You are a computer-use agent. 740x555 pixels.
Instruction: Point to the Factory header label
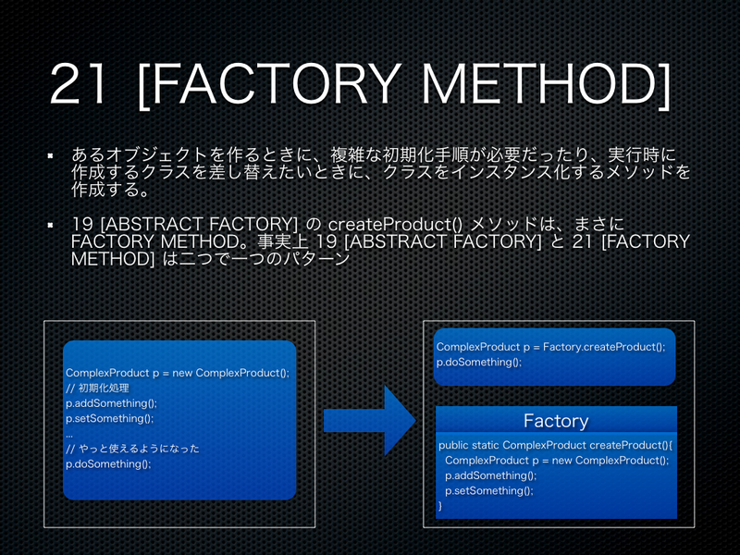[x=556, y=421]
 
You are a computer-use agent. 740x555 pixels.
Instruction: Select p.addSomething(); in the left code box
[x=111, y=403]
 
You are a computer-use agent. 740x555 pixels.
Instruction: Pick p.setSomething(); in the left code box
[x=109, y=418]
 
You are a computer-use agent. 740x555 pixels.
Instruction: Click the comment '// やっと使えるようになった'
[x=132, y=449]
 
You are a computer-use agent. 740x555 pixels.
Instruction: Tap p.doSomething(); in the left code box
[x=108, y=463]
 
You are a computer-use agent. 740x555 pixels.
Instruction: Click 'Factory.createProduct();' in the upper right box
[x=604, y=347]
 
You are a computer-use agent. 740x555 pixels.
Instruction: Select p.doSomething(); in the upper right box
[x=478, y=362]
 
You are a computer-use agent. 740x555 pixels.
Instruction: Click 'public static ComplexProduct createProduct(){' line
[x=556, y=445]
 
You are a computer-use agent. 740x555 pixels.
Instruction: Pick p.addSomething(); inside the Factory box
[x=490, y=475]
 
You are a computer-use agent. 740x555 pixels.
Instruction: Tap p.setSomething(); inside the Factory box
[x=489, y=490]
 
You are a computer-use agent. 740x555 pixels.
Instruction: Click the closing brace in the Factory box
[x=440, y=506]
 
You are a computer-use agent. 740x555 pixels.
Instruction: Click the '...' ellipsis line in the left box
[x=69, y=433]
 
